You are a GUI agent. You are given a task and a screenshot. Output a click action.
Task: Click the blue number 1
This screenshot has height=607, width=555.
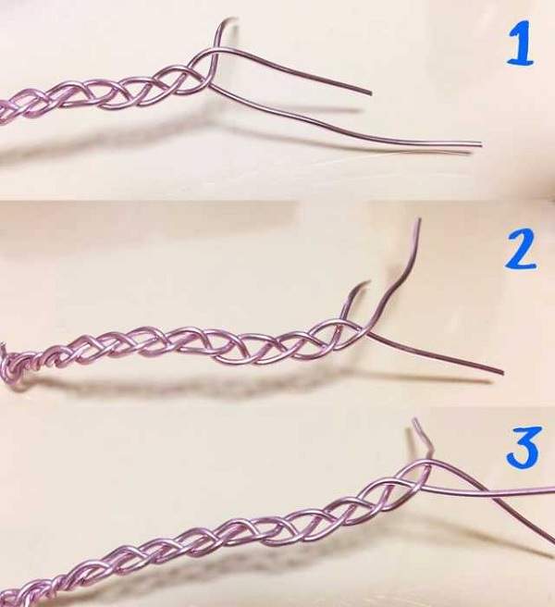click(x=521, y=43)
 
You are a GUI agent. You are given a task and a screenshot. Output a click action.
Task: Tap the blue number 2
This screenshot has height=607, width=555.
click(x=520, y=248)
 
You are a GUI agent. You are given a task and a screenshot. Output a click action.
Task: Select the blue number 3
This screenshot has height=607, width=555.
click(x=523, y=446)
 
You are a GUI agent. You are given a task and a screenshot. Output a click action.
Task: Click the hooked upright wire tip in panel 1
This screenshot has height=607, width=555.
click(x=236, y=19)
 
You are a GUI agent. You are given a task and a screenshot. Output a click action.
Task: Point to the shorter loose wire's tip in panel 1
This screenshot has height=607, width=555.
click(x=370, y=93)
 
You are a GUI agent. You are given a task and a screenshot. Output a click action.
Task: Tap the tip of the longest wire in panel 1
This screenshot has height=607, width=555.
click(x=480, y=144)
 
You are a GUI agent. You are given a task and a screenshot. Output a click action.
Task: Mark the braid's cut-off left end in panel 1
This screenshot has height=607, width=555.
click(x=2, y=112)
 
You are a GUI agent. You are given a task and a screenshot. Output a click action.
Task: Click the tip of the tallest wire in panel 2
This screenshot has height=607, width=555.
click(x=419, y=219)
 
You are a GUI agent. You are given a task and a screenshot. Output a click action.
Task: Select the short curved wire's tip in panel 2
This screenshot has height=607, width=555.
click(x=368, y=282)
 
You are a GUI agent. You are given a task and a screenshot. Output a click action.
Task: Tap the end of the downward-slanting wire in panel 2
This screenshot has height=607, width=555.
click(x=502, y=372)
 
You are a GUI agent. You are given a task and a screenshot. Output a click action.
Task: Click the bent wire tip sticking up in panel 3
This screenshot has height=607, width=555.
click(x=415, y=420)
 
